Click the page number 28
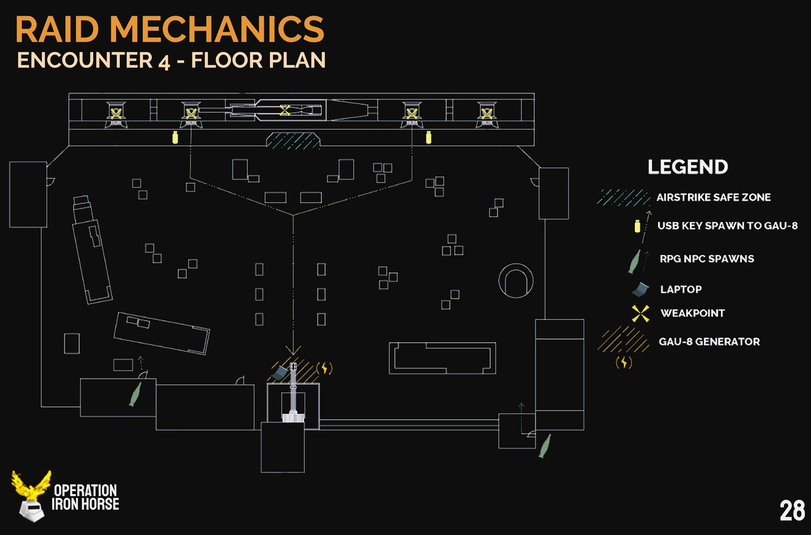click(x=792, y=510)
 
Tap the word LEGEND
click(x=687, y=167)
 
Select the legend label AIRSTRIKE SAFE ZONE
click(x=713, y=198)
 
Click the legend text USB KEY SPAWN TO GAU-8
click(x=727, y=225)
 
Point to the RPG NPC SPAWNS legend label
click(x=706, y=258)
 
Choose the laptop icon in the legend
click(x=641, y=289)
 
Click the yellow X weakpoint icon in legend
click(x=641, y=313)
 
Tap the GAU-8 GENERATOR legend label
click(x=709, y=341)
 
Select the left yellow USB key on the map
click(x=176, y=136)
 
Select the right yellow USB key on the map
click(x=428, y=136)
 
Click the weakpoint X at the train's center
click(x=285, y=110)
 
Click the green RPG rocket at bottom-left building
click(x=134, y=394)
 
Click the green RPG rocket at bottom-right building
click(x=544, y=445)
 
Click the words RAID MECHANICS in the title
click(x=170, y=29)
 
